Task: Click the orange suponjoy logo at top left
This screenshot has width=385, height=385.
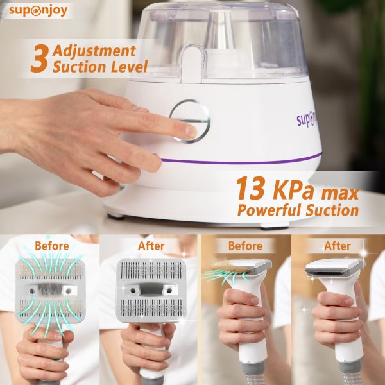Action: pyautogui.click(x=38, y=11)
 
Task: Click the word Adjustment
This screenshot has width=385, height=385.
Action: pyautogui.click(x=94, y=51)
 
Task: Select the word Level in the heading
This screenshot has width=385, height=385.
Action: pyautogui.click(x=130, y=66)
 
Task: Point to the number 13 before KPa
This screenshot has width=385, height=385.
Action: pyautogui.click(x=250, y=188)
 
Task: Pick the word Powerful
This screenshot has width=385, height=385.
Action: pyautogui.click(x=269, y=210)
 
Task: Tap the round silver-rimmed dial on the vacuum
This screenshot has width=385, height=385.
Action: pyautogui.click(x=190, y=121)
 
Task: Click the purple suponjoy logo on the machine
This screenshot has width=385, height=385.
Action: pyautogui.click(x=307, y=121)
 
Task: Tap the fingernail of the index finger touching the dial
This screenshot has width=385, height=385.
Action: pyautogui.click(x=191, y=132)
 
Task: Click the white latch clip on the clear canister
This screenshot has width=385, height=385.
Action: pyautogui.click(x=193, y=64)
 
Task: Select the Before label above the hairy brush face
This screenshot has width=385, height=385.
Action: pyautogui.click(x=52, y=246)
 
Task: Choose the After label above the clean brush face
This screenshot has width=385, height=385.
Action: pyautogui.click(x=151, y=246)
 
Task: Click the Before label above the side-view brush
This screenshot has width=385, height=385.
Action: pyautogui.click(x=245, y=246)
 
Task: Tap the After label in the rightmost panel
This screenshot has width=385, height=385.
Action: pyautogui.click(x=338, y=246)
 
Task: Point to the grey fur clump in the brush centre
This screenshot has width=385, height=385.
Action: pyautogui.click(x=51, y=290)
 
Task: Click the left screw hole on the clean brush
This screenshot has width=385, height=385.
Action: pyautogui.click(x=133, y=291)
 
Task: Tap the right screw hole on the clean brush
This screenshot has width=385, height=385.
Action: pyautogui.click(x=169, y=291)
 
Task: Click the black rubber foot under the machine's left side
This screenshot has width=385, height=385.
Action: pyautogui.click(x=116, y=217)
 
